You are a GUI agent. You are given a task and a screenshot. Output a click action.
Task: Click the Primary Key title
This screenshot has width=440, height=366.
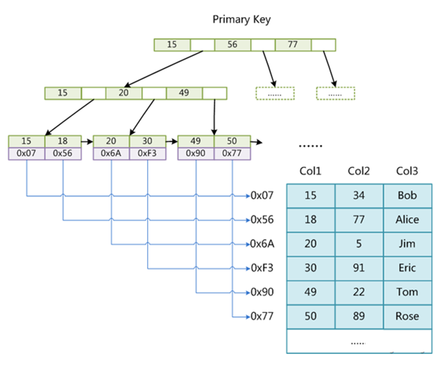coord(241,20)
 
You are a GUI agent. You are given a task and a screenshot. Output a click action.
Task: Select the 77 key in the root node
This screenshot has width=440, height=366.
coord(293,45)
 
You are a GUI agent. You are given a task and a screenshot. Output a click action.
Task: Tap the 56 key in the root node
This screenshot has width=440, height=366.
coord(233,45)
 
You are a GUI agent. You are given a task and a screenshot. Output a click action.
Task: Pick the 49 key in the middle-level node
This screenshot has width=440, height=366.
coord(184,92)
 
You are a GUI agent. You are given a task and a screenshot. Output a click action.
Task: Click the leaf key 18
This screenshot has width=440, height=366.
coord(63,141)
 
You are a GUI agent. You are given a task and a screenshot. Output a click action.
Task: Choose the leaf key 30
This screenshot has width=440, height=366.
coord(147,141)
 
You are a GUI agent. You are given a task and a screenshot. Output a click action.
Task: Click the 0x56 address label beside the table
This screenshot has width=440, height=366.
coord(262,220)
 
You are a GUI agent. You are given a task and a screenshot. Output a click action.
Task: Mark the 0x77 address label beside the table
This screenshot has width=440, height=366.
coord(262,316)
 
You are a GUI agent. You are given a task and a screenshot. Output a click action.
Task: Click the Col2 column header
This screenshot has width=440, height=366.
coord(359,171)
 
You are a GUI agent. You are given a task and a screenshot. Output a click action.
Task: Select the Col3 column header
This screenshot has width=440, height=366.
coord(407,171)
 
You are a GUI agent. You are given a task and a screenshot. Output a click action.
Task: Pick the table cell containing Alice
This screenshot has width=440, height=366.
coord(407,220)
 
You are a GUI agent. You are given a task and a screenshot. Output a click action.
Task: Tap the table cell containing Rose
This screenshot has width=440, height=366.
coord(407,316)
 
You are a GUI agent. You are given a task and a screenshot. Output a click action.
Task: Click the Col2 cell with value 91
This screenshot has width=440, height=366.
coord(359,268)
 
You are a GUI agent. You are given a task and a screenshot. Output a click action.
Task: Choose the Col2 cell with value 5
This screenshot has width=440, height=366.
coord(359,244)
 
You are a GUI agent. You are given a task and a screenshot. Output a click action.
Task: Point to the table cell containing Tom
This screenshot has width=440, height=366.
coord(407,292)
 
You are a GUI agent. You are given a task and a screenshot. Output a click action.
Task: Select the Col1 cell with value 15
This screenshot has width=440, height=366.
coord(311,196)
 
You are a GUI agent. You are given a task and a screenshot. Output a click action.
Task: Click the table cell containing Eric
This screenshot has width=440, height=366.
coord(407,268)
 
